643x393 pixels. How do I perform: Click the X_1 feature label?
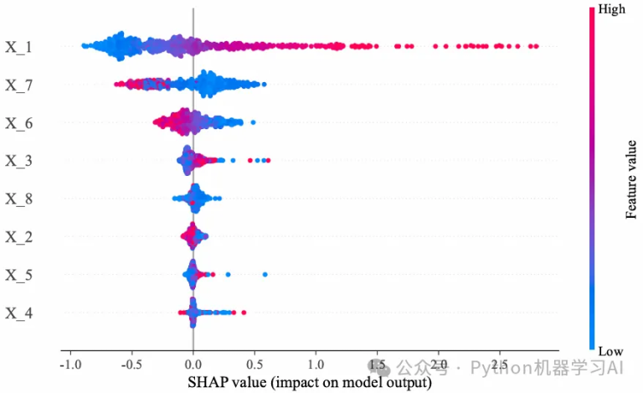coord(18,47)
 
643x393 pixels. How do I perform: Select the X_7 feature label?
coord(18,85)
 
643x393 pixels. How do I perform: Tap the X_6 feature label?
coord(18,123)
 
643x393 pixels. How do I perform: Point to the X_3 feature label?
coord(18,161)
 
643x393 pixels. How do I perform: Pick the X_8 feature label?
coord(18,199)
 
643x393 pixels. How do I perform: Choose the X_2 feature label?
coord(18,237)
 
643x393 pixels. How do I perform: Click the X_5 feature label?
coord(18,275)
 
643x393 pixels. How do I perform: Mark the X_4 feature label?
coord(18,313)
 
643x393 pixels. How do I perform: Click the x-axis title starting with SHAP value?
coord(311,383)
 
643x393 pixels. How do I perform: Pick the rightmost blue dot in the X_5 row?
coord(265,274)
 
